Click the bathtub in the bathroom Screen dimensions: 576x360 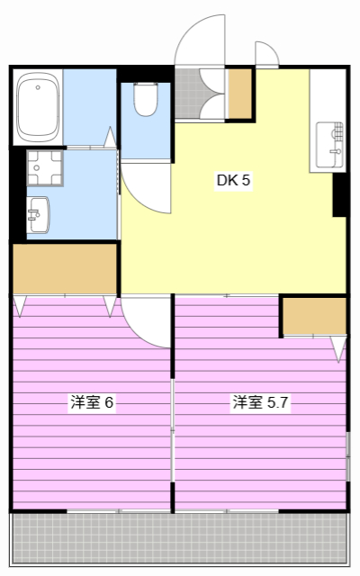[38, 107]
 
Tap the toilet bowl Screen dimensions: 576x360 [146, 98]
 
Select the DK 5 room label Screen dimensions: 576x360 [233, 180]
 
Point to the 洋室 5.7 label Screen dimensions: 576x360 [260, 402]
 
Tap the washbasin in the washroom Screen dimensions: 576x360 [39, 215]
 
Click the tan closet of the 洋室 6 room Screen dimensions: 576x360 [65, 268]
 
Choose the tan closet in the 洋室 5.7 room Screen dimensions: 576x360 [314, 316]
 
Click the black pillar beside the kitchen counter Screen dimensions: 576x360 [340, 194]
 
